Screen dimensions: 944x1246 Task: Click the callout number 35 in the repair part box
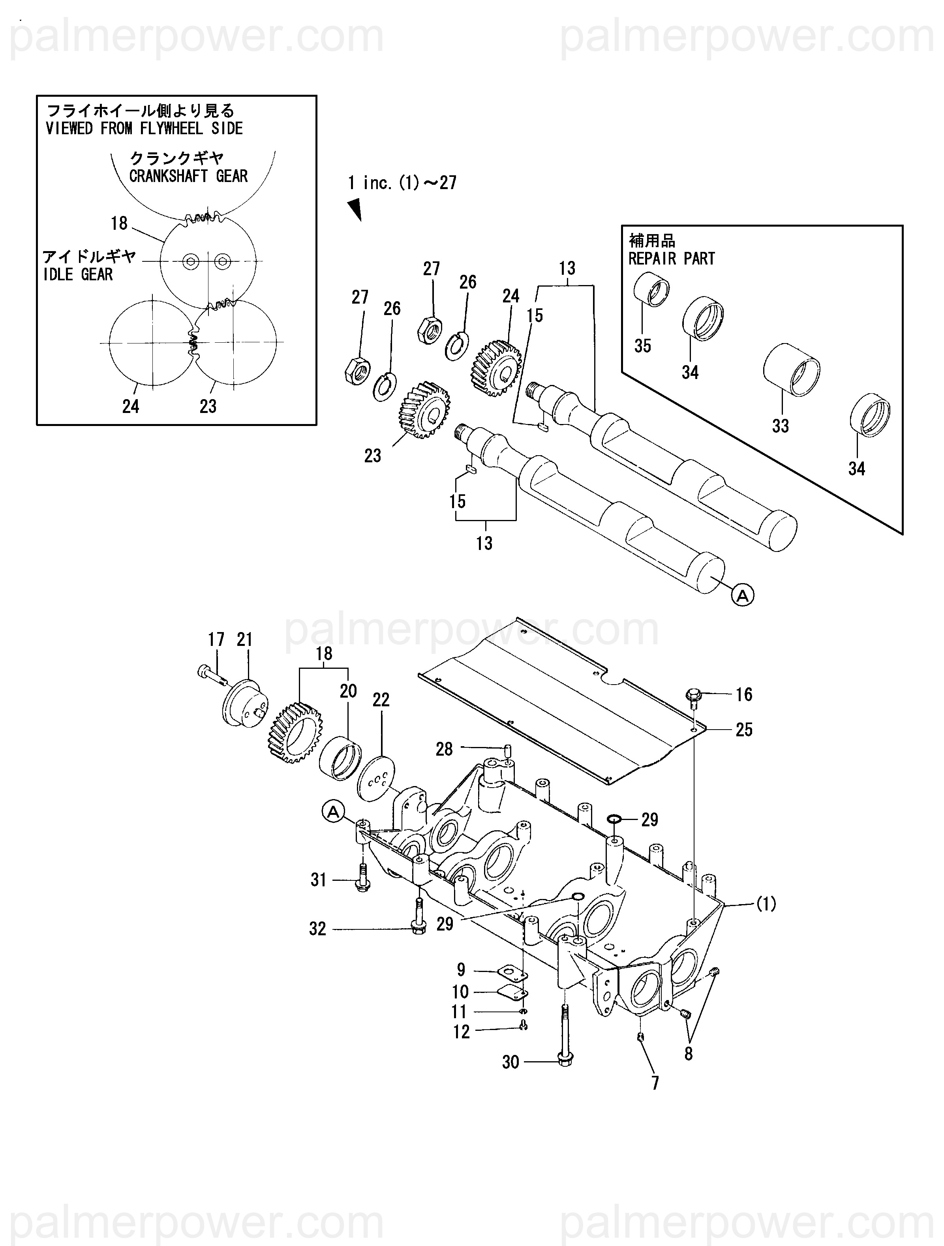tap(643, 345)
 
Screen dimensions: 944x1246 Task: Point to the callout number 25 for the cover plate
tap(743, 730)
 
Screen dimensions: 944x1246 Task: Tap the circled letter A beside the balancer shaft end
tap(742, 595)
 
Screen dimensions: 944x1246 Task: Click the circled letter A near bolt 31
tap(334, 812)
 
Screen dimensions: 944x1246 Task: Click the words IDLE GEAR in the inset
tap(78, 275)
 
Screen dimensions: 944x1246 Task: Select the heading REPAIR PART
tap(672, 259)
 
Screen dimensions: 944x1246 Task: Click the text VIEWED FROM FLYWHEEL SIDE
tap(144, 128)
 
